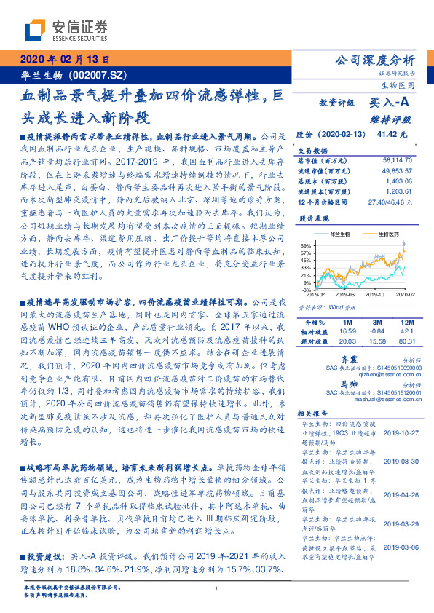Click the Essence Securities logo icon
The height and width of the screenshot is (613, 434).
(37, 30)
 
